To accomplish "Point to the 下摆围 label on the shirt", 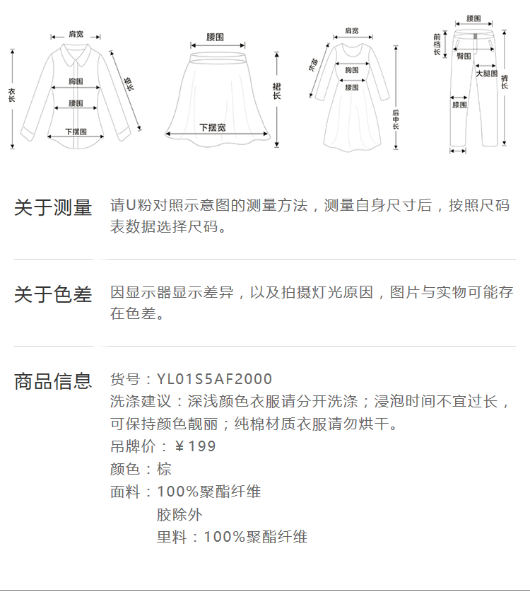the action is [x=76, y=132].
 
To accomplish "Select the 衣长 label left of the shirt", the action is [x=11, y=95].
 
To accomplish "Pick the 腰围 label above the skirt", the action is [x=215, y=36].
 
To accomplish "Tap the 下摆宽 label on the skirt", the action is [x=213, y=127].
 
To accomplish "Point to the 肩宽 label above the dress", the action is [x=351, y=31].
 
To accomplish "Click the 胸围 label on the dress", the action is [x=351, y=70].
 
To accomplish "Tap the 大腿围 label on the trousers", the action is [x=486, y=73].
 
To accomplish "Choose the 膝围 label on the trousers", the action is [x=459, y=105].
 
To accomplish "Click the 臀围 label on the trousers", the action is [x=464, y=55].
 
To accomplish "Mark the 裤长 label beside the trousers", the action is [x=505, y=82].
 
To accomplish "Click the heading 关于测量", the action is [x=53, y=207].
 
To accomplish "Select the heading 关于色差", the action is [x=53, y=294].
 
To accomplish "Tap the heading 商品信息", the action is [x=53, y=381].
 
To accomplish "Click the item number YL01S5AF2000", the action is [x=214, y=380].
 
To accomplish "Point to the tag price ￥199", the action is [x=195, y=446].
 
